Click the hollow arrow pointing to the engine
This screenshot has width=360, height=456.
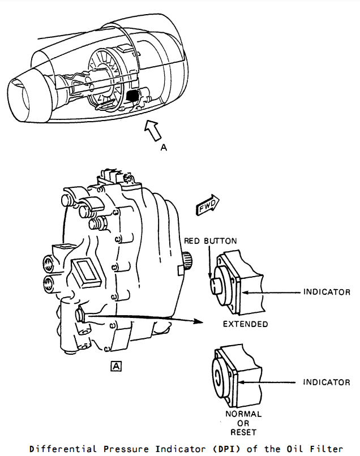153,130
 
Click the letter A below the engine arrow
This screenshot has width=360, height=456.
164,148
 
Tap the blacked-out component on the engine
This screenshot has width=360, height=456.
132,96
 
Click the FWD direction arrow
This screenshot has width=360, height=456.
208,205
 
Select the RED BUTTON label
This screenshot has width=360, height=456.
211,241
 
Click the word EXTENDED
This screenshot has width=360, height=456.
245,324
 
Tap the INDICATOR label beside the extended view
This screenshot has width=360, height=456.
327,292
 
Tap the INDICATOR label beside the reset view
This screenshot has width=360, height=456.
327,382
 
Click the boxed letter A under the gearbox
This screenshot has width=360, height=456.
116,367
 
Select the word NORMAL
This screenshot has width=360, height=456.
243,414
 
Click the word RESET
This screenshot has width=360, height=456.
243,432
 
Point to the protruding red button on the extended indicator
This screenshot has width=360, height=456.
216,286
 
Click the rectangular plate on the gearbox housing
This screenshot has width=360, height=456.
86,273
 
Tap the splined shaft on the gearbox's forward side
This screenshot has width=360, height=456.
188,260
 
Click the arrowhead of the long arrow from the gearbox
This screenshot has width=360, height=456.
199,321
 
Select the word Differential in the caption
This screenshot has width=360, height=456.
63,449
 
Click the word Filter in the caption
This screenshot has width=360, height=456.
327,449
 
